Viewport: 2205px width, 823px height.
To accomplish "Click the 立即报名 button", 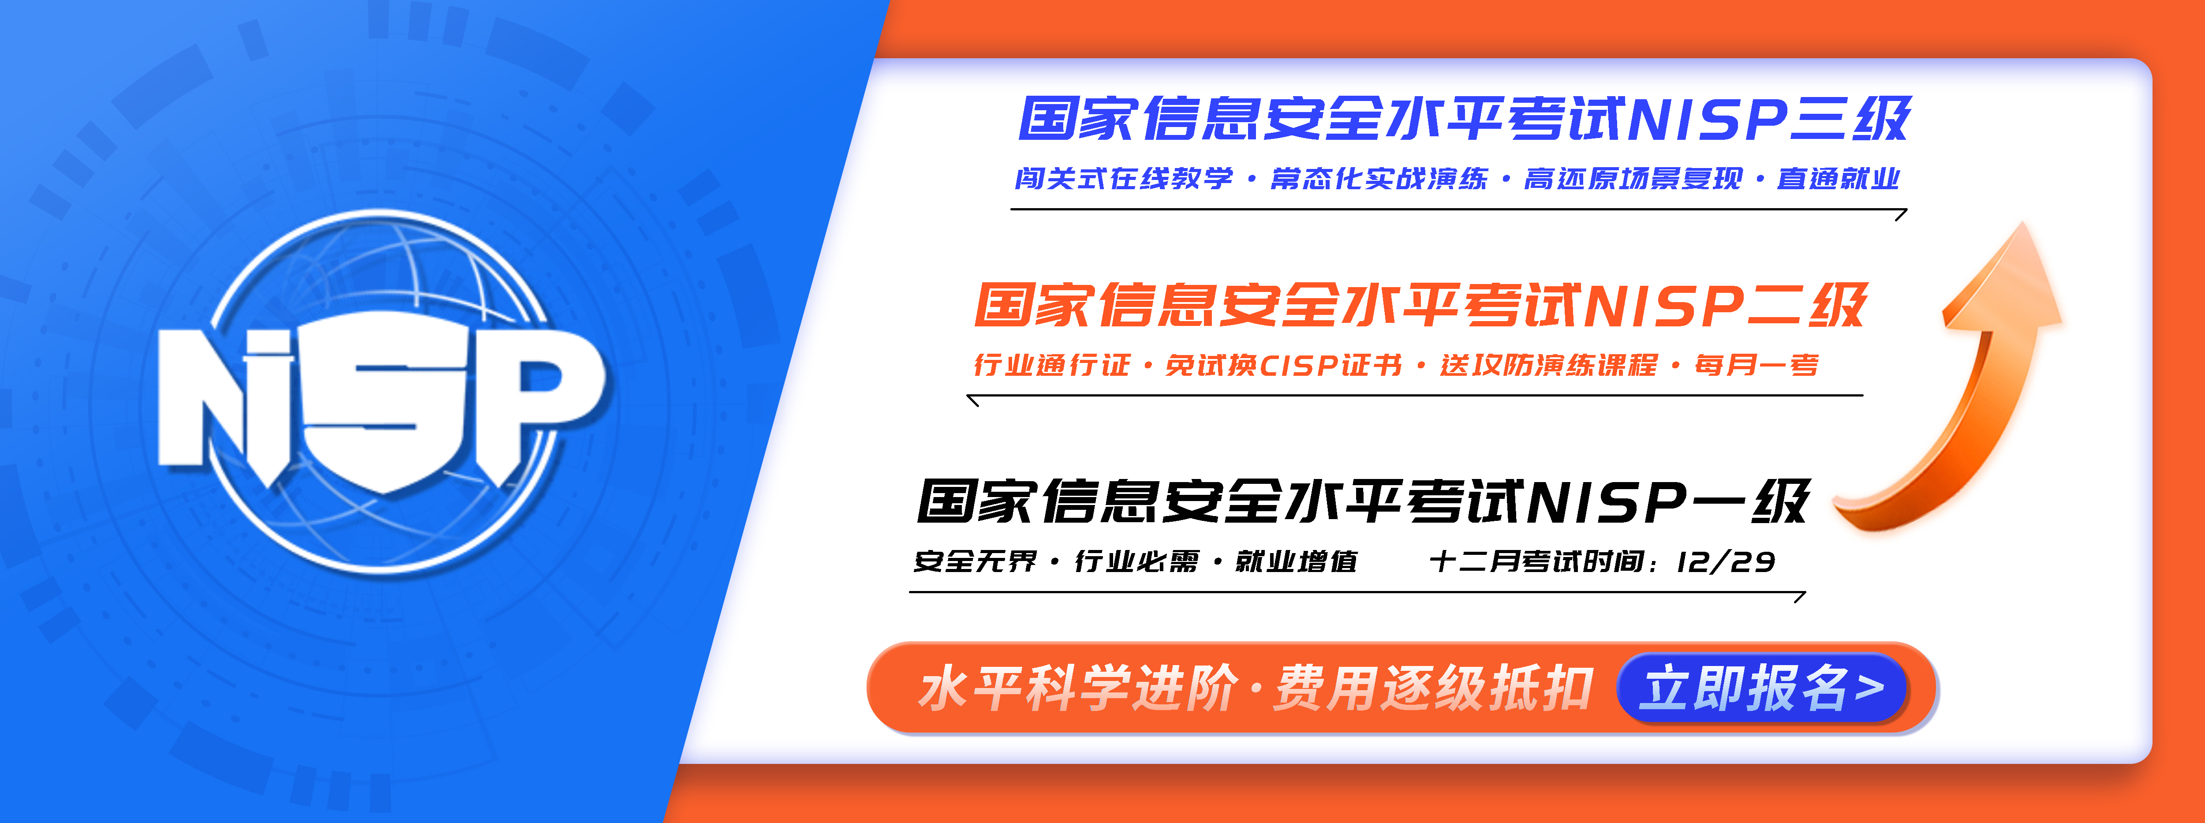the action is [x=1762, y=688].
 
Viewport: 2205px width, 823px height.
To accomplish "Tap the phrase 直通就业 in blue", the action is [x=1838, y=178].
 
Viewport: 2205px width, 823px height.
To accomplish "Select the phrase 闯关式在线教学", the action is [x=1124, y=178].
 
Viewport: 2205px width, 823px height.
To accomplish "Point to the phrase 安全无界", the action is [x=976, y=562].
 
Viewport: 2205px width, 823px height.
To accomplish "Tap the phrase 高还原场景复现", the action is [x=1633, y=178].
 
